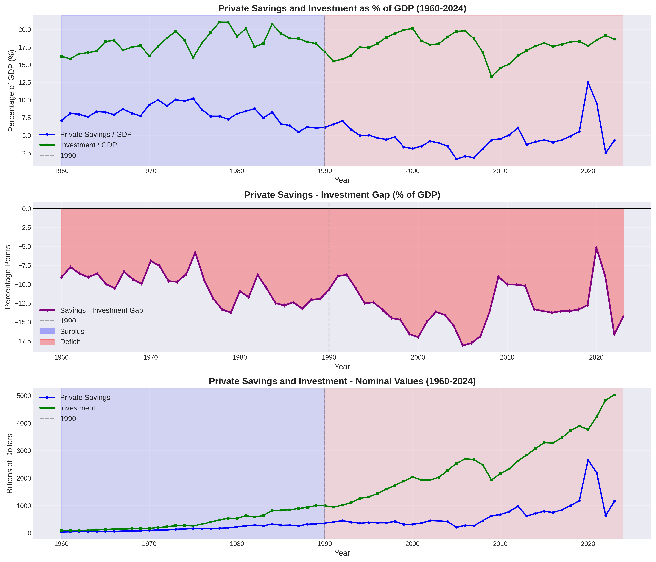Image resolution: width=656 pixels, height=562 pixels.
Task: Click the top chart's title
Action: pos(342,8)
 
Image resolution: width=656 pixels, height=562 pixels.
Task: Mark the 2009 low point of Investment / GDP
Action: pos(491,76)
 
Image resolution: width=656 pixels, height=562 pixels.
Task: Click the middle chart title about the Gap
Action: pos(342,195)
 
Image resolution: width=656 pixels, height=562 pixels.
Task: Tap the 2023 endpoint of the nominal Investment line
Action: pos(614,395)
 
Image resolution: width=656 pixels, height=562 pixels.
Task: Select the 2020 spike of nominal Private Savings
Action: pos(588,460)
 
